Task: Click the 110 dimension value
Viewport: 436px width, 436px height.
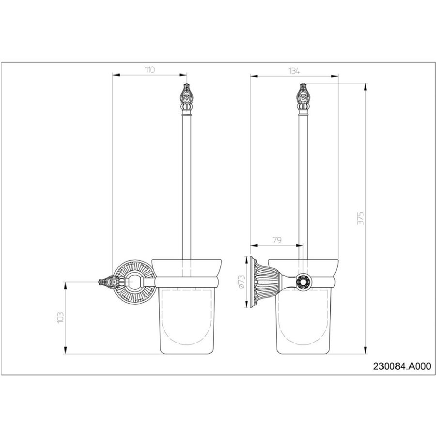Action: click(150, 69)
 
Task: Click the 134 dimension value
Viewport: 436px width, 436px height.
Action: click(294, 71)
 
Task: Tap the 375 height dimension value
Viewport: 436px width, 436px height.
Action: click(360, 218)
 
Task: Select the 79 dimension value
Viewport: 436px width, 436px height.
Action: click(277, 240)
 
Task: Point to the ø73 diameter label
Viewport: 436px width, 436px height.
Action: click(241, 281)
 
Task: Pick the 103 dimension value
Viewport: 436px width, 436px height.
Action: click(61, 317)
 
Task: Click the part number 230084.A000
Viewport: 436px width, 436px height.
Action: click(402, 366)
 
